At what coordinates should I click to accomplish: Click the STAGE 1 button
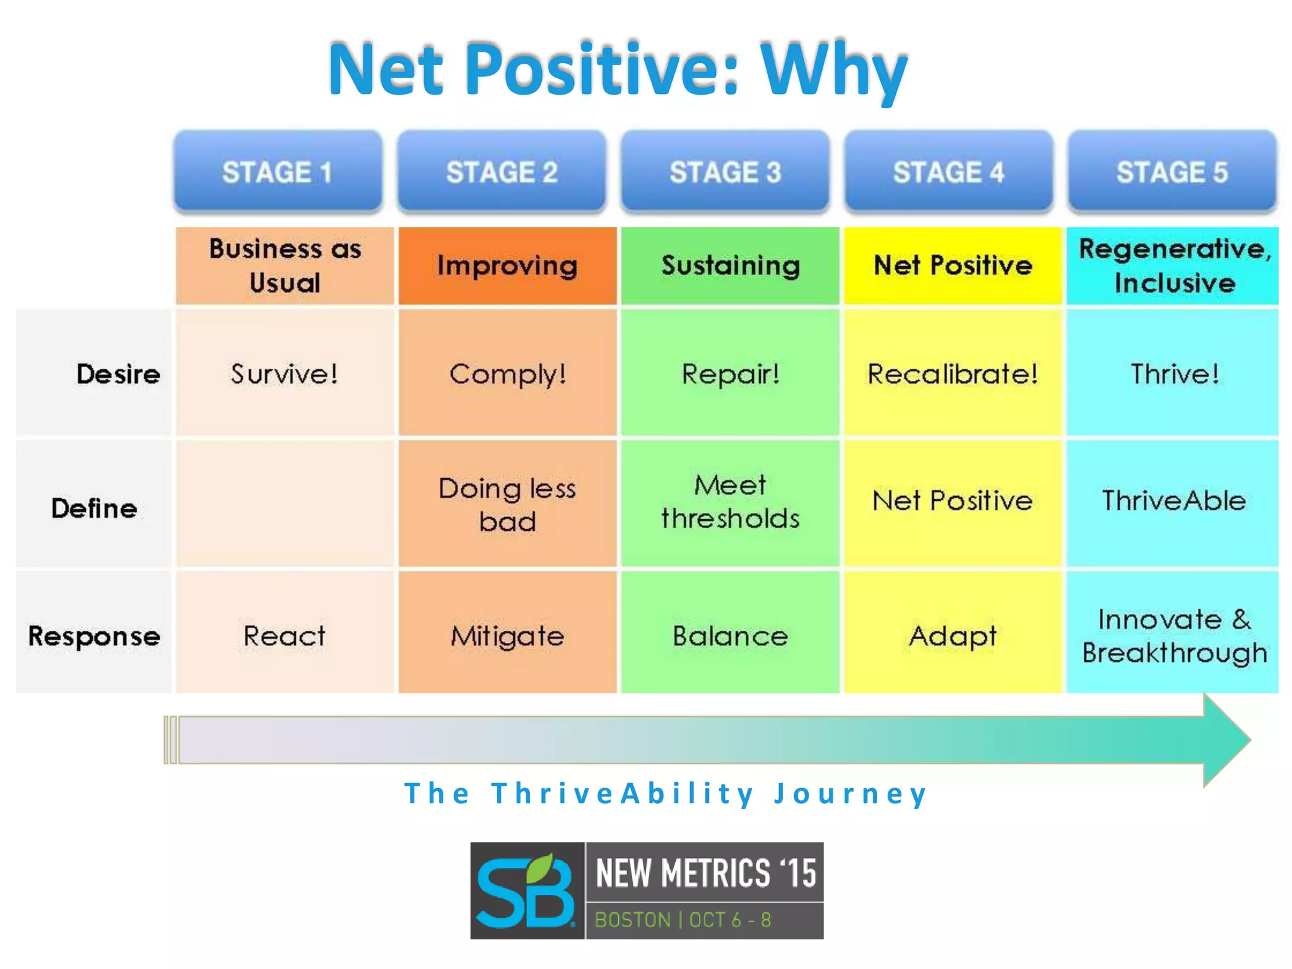[278, 172]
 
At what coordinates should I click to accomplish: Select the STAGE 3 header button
[725, 172]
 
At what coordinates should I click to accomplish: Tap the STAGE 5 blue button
[1172, 172]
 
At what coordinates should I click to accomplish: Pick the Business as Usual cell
[285, 266]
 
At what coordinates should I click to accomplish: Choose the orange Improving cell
[507, 266]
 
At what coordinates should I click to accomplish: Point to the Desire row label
[118, 374]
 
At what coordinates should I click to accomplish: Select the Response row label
[94, 636]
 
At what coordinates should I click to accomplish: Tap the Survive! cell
[285, 374]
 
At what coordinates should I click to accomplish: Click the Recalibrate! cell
[953, 374]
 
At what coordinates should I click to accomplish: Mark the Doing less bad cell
[507, 505]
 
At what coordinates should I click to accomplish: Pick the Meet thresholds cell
[730, 502]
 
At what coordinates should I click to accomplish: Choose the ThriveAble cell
[1173, 501]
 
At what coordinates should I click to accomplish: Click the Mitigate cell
[507, 636]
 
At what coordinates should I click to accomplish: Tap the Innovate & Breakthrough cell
[1173, 635]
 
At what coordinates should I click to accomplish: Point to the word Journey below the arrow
[850, 794]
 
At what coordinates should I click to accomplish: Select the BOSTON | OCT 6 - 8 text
[683, 920]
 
